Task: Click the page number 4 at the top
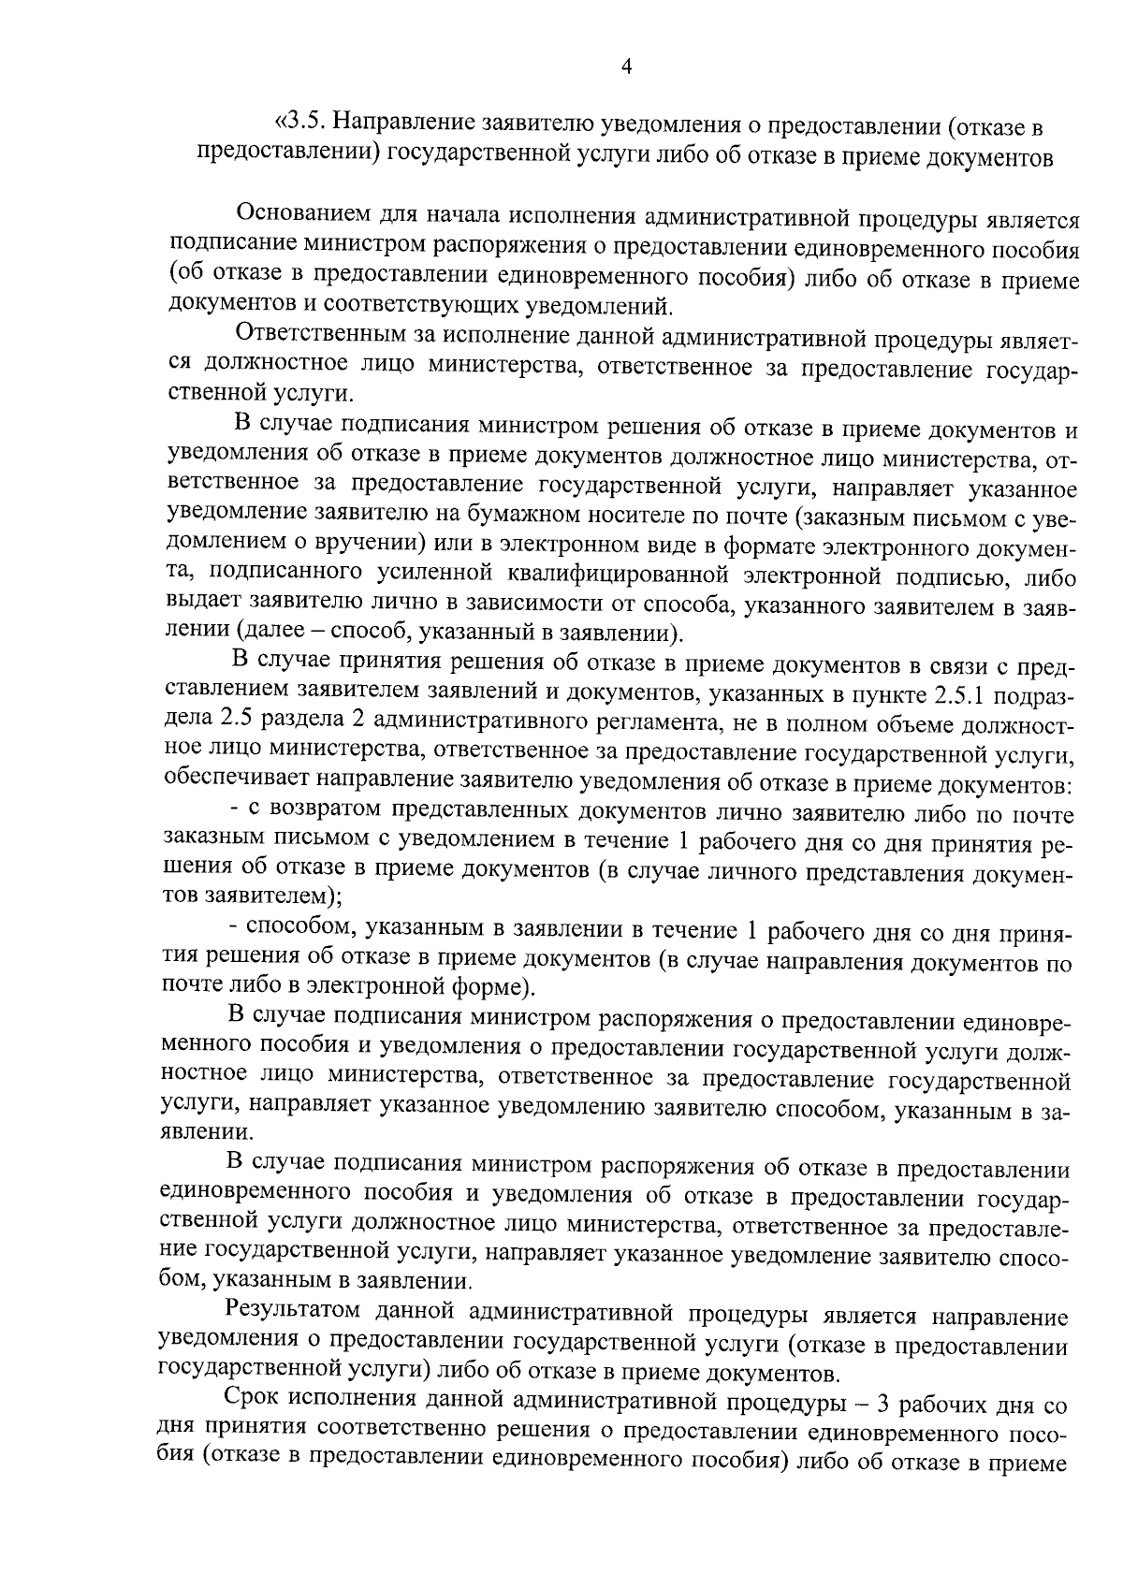pos(626,66)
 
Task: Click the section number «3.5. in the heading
pos(299,124)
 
